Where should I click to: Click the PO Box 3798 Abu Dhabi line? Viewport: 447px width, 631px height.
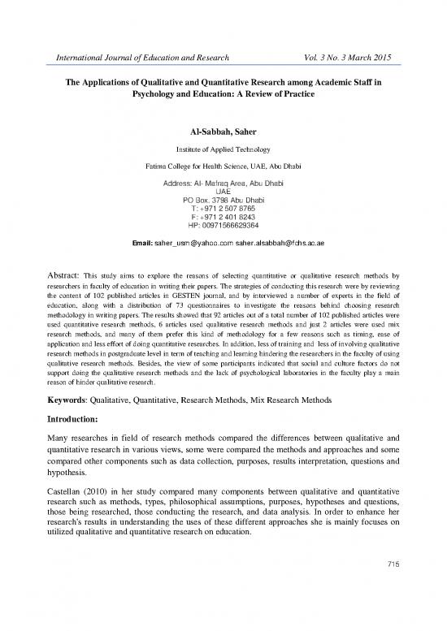coord(223,200)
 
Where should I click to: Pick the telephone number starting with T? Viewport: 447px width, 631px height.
coord(223,209)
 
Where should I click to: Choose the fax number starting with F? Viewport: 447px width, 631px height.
coord(223,217)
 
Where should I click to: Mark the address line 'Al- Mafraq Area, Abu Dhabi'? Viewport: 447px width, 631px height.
coord(223,183)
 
